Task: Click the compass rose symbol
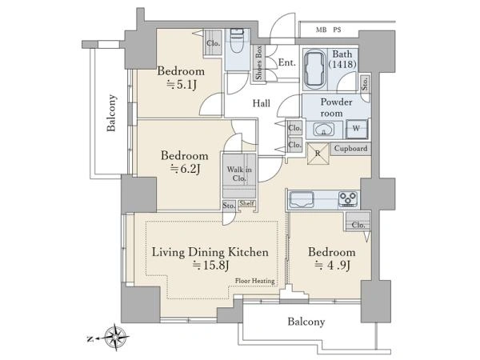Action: (x=116, y=338)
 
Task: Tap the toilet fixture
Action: (x=237, y=42)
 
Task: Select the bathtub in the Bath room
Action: (x=314, y=69)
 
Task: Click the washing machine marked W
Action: (x=356, y=129)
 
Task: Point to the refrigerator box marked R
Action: (x=318, y=153)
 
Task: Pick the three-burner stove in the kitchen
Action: (x=348, y=198)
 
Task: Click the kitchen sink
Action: (x=302, y=199)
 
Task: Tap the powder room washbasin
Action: (x=323, y=130)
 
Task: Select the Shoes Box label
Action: (x=259, y=62)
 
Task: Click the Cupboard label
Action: (x=351, y=149)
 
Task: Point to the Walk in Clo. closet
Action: (x=239, y=174)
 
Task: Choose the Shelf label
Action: (x=246, y=203)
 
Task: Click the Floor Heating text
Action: (x=254, y=281)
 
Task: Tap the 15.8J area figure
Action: (x=210, y=266)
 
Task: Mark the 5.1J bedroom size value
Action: (x=182, y=85)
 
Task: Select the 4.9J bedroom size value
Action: (x=333, y=265)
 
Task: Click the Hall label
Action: (x=262, y=103)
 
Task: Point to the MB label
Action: (x=321, y=30)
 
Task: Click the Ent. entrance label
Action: (x=287, y=62)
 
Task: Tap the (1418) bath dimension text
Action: (x=342, y=64)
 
